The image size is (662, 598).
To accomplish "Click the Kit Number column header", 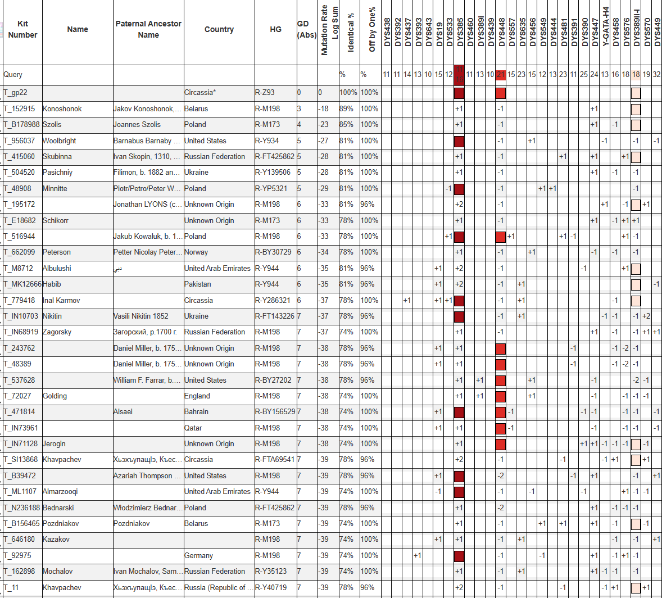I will pos(22,29).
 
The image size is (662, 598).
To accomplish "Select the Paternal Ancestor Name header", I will pos(148,29).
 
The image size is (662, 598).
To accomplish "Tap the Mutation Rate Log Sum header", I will pos(329,30).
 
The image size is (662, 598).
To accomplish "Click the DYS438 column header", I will pos(387,32).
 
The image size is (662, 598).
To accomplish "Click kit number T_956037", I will pos(19,141).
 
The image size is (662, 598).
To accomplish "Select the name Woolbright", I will pos(59,141).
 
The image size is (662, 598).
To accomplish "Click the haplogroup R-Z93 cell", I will pos(265,92).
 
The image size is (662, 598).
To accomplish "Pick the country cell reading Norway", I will pos(196,252).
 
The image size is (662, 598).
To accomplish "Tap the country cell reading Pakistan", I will pos(198,284).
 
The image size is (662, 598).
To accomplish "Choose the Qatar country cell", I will pos(193,428).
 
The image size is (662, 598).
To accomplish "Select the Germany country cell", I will pos(199,555).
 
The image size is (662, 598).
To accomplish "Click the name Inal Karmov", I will pos(61,300).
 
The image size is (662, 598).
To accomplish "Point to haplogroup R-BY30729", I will pos(273,252).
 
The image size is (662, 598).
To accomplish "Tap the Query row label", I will pos(13,74).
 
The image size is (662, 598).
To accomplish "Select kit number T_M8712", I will pos(19,268).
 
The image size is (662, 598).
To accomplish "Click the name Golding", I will pos(55,396).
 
